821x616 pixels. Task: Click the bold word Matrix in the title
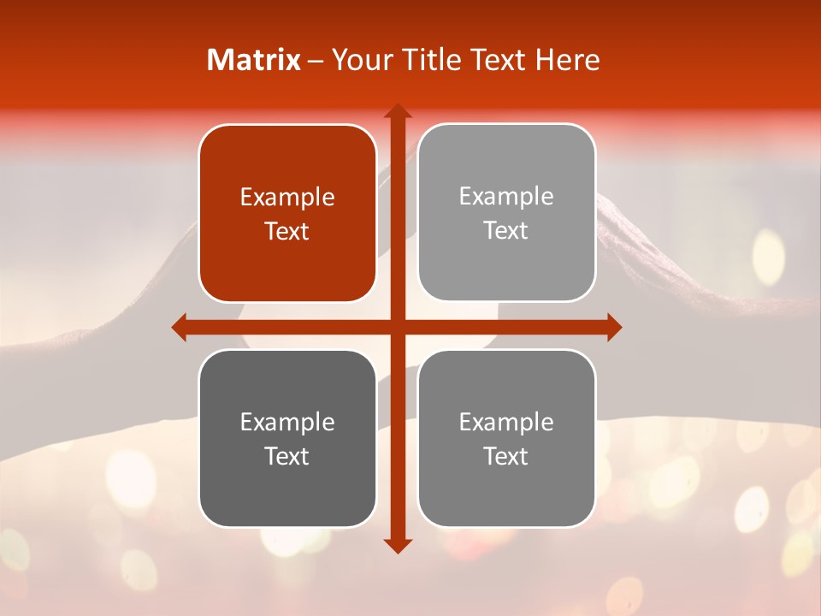click(x=254, y=60)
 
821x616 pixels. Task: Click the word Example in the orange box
click(x=287, y=198)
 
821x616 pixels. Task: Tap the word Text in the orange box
click(x=287, y=232)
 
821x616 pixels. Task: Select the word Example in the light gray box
click(x=506, y=197)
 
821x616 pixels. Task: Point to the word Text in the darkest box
click(x=287, y=456)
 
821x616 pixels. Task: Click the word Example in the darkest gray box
click(x=287, y=422)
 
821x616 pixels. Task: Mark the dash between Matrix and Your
click(x=316, y=61)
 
